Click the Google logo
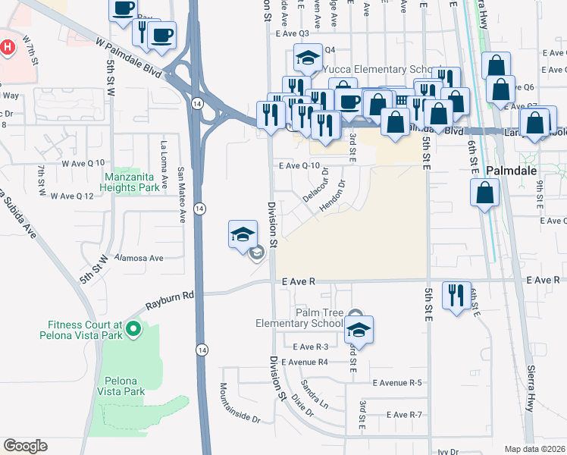25,446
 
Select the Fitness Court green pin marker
133,328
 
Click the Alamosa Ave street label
139,258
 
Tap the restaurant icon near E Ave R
456,295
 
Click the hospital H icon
8,47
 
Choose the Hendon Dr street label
331,196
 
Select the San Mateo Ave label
181,195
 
